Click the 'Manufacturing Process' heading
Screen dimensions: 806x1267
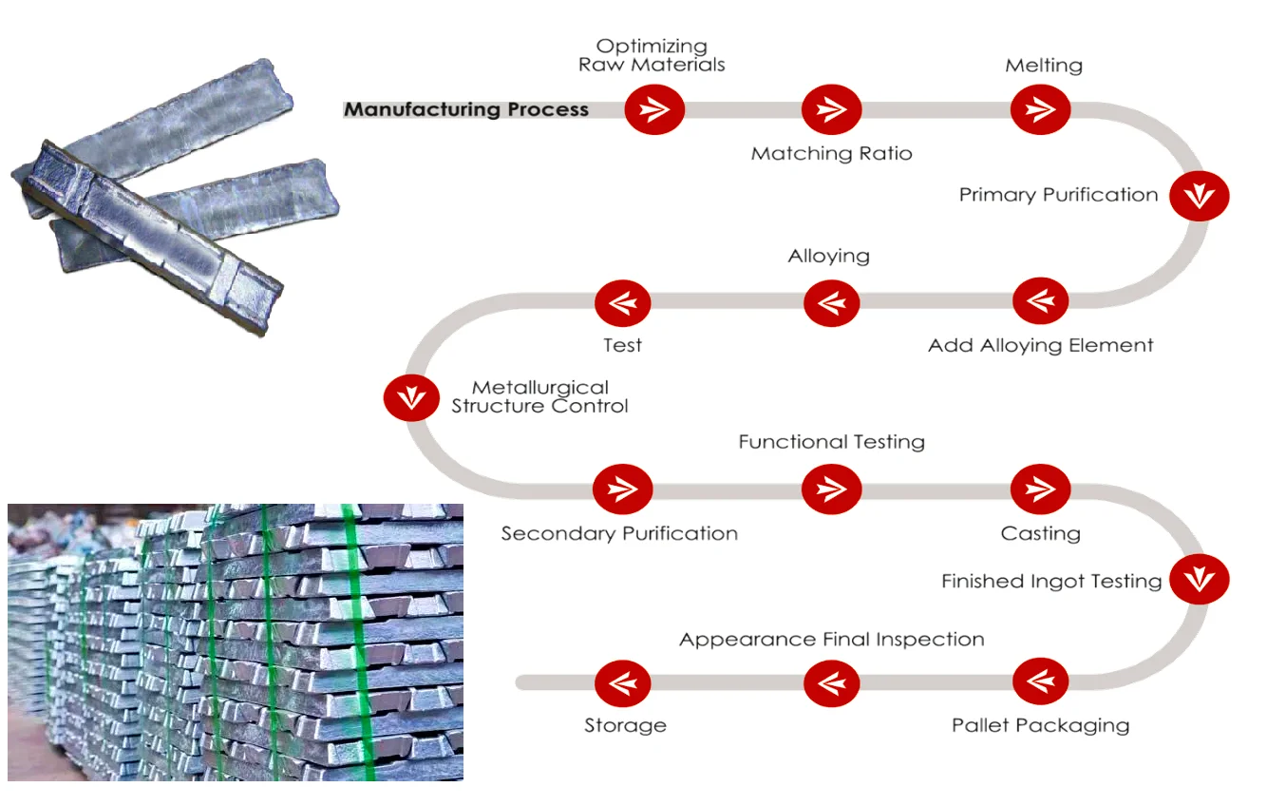tap(466, 109)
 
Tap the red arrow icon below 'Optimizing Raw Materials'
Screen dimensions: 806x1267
tap(654, 109)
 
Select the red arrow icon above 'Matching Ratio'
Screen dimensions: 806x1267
tap(831, 109)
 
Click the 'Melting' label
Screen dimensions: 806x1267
tap(1044, 66)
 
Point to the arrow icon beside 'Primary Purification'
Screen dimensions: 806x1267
tap(1199, 196)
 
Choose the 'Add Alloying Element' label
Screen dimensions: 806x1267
tap(1041, 345)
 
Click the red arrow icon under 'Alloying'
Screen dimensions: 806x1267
tap(831, 303)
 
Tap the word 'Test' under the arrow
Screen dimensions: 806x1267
tap(623, 345)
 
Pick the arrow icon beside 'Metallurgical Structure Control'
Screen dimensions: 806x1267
tap(411, 397)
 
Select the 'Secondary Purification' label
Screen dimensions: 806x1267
tap(619, 533)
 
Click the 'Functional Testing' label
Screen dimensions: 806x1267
tap(831, 442)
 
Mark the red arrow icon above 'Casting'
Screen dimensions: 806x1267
tap(1041, 489)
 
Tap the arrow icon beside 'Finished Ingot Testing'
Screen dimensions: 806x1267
tap(1199, 580)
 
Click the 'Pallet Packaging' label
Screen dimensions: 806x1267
tap(1041, 725)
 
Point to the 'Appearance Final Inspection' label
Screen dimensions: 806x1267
tap(831, 640)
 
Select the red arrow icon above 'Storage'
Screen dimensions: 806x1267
tap(623, 682)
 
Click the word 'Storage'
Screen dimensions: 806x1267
tap(625, 725)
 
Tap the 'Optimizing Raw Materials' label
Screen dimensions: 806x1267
tap(652, 55)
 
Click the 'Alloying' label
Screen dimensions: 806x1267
tap(829, 256)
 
